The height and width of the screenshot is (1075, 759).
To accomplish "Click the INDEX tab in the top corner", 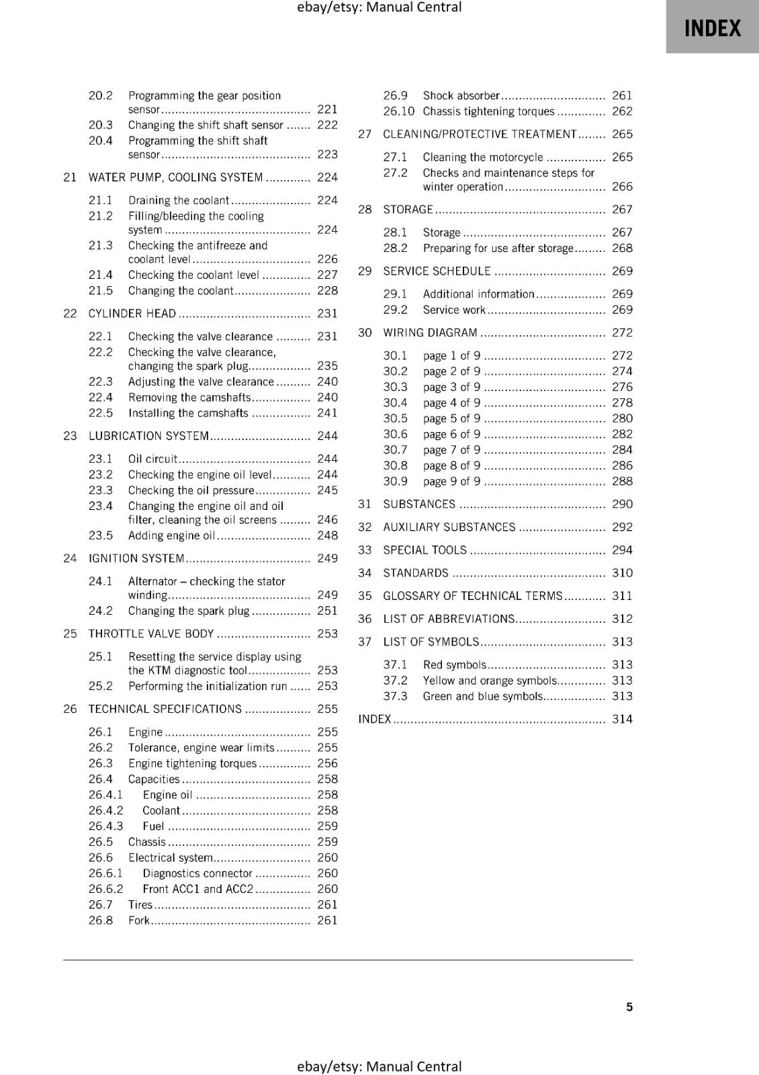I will [x=712, y=28].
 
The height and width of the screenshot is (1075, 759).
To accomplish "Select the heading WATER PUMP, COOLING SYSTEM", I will [x=175, y=177].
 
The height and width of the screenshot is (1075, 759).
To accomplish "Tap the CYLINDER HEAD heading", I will [x=132, y=314].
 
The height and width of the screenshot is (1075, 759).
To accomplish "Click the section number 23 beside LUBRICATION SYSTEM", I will [x=70, y=436].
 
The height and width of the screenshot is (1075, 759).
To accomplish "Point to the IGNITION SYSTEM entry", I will [x=136, y=558].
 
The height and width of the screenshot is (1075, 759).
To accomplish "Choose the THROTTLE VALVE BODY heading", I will [x=151, y=634].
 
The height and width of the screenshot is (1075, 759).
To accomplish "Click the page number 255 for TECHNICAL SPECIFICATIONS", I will [x=327, y=709].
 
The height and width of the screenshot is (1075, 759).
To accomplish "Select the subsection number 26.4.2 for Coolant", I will [x=105, y=810].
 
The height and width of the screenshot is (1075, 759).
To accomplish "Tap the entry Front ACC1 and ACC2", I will [x=197, y=889].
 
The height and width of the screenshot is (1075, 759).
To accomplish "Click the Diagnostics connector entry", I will [x=197, y=873].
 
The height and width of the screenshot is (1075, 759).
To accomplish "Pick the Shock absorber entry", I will [x=461, y=95].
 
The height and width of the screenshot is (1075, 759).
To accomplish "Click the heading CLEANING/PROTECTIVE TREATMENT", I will [x=480, y=134].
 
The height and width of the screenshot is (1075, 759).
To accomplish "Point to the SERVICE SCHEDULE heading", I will [x=437, y=271].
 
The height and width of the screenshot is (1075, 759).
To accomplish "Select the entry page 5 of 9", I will [x=451, y=419].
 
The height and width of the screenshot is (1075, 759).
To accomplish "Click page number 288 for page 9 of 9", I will [x=622, y=481].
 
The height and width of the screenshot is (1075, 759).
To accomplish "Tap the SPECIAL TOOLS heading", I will [x=425, y=550].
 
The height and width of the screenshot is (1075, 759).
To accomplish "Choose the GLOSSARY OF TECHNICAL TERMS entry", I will [x=472, y=596].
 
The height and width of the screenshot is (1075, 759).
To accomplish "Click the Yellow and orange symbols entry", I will [x=490, y=681].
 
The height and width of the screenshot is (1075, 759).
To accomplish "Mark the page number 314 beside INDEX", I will [x=622, y=719].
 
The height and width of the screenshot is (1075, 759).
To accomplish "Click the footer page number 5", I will [x=629, y=1006].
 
